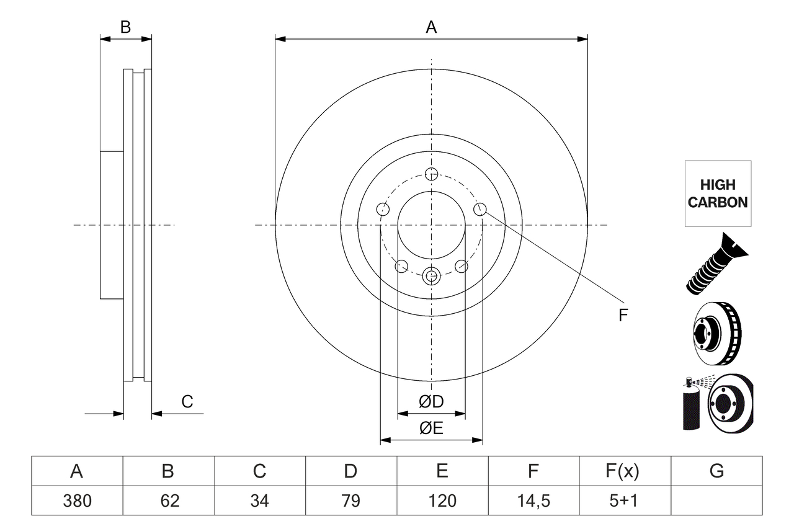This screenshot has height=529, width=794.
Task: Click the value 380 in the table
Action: pos(77,500)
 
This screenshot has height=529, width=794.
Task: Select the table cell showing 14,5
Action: pos(533,500)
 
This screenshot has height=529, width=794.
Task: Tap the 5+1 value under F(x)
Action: pos(625,500)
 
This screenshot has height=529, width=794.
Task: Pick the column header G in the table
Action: pos(716,471)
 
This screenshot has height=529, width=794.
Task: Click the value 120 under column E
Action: pos(442,500)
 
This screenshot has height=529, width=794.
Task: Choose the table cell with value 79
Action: pos(351,500)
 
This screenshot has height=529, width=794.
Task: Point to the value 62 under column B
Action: pos(168,500)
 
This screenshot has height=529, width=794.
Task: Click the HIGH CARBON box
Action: pos(718,193)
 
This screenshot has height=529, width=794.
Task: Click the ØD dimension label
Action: pos(431,402)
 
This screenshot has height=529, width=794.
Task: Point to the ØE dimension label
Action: pos(431,429)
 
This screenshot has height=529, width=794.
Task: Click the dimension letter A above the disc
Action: pos(431,27)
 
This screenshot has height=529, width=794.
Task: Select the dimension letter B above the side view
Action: pos(125,27)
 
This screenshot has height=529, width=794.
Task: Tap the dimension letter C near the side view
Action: pos(187,402)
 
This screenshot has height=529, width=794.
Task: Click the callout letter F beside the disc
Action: pos(623,315)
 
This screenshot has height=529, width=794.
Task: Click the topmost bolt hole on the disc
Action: pos(431,174)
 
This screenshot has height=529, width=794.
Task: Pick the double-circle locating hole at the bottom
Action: pos(431,275)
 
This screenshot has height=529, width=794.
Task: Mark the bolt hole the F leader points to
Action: pos(480,210)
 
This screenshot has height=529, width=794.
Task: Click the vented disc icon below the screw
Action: pos(716,336)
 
